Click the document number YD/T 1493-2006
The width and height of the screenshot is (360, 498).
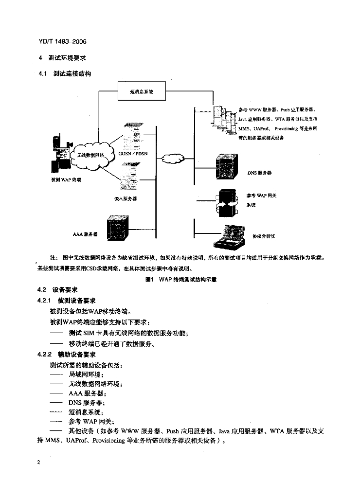(x=62, y=42)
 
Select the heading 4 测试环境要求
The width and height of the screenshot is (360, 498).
(x=62, y=57)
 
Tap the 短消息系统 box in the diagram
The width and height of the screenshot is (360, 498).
(x=142, y=91)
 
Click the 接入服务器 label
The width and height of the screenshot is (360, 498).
(x=126, y=198)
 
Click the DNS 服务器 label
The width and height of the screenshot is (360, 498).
(x=259, y=173)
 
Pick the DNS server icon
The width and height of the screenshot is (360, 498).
(x=228, y=165)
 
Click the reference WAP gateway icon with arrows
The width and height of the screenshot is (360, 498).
(x=227, y=201)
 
